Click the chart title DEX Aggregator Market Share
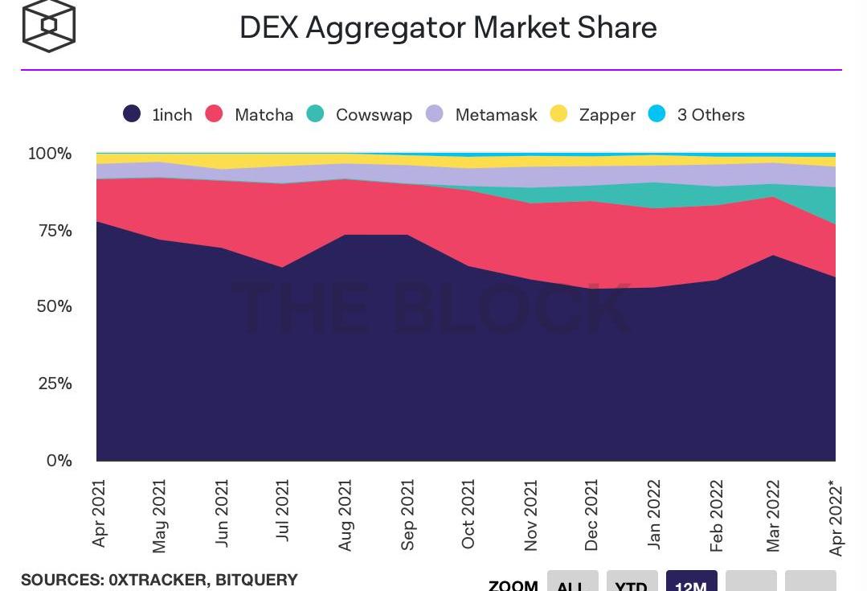448,27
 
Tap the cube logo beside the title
49,26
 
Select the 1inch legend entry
158,114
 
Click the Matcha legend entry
250,114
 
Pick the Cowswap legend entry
360,114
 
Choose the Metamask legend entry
481,114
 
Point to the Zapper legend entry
593,114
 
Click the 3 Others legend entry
697,114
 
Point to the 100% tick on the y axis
50,153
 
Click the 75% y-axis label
54,231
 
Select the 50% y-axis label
54,306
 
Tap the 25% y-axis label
54,384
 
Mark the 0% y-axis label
59,461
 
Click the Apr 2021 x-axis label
99,514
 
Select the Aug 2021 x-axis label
345,515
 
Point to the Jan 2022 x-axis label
654,514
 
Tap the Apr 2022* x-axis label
836,518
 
